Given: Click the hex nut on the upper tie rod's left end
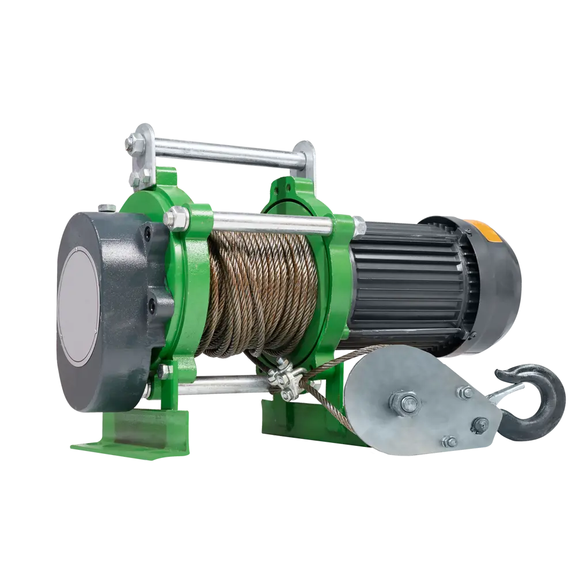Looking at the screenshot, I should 173,219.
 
